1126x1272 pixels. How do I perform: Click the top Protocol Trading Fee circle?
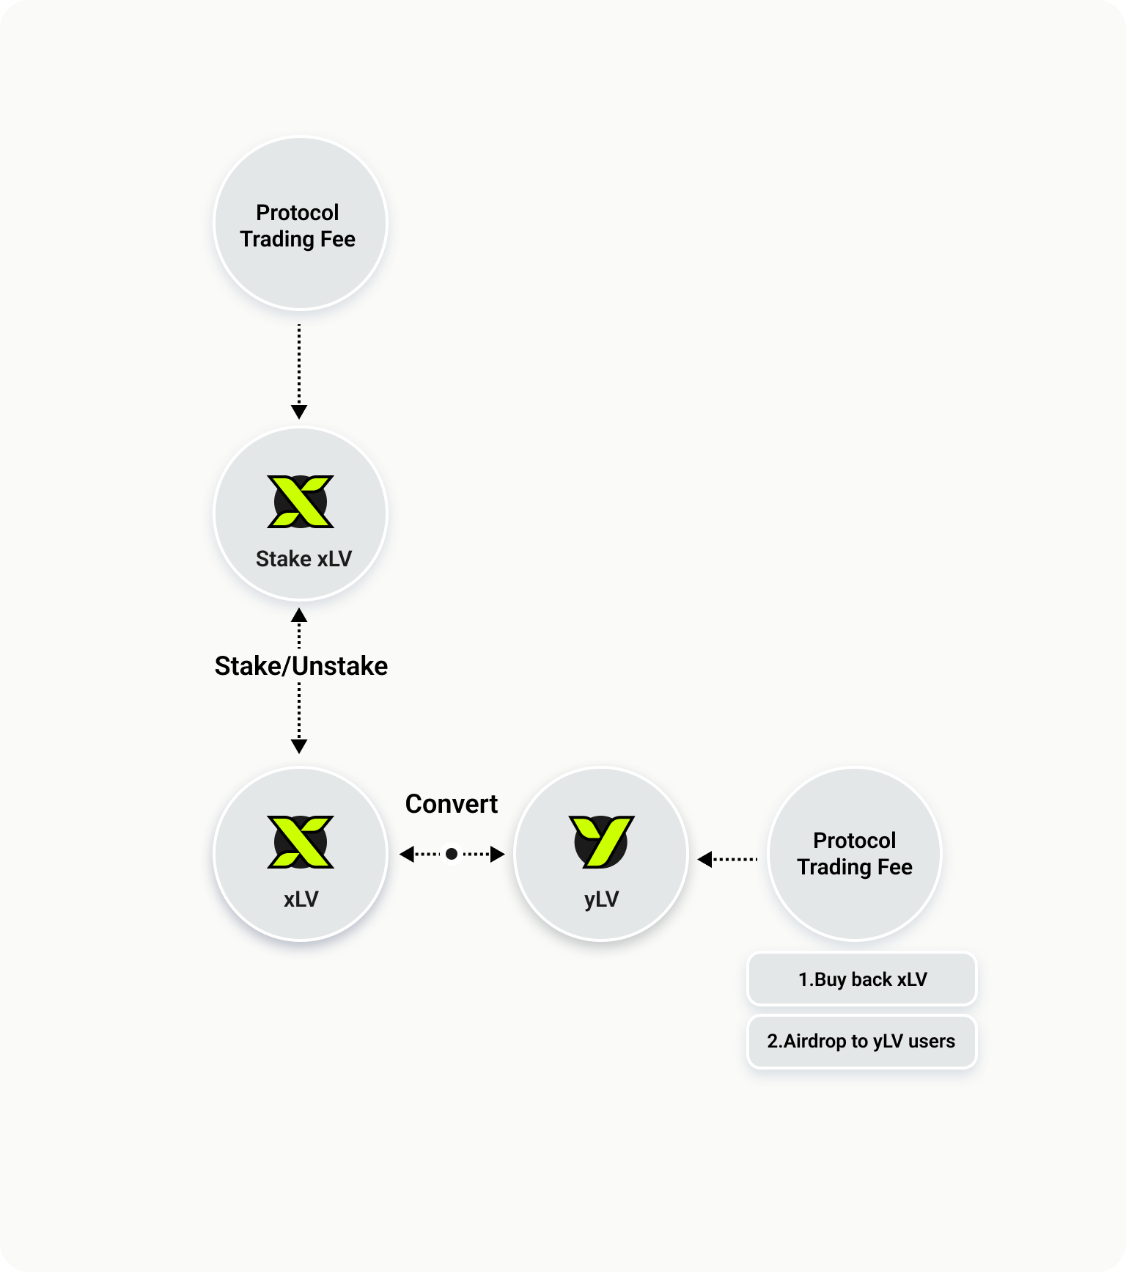coord(300,224)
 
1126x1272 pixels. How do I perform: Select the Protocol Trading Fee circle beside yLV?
coord(854,854)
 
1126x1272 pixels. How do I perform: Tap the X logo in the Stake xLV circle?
coord(301,502)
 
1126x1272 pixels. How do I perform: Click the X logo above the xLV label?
coord(301,842)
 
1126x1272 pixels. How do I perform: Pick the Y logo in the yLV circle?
coord(602,842)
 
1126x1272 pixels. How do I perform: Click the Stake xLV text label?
coord(303,559)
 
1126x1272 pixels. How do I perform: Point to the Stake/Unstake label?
coord(301,666)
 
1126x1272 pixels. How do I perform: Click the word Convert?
coord(452,804)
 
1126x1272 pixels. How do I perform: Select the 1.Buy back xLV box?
coord(862,979)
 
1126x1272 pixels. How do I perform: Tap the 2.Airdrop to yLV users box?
coord(862,1042)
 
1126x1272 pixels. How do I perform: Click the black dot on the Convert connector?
coord(452,854)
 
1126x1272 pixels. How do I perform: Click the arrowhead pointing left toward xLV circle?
coord(407,854)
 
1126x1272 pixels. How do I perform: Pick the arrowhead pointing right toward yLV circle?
coord(498,854)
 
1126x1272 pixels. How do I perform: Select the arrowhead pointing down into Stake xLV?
coord(299,412)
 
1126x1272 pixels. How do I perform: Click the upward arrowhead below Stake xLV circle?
coord(299,615)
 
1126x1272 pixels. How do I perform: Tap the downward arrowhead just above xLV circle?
coord(299,747)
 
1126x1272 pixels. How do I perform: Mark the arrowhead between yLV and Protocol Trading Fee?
coord(704,859)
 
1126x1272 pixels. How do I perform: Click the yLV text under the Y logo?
coord(602,900)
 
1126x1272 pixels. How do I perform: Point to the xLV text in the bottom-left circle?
coord(301,899)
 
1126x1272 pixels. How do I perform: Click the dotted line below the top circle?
coord(299,365)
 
